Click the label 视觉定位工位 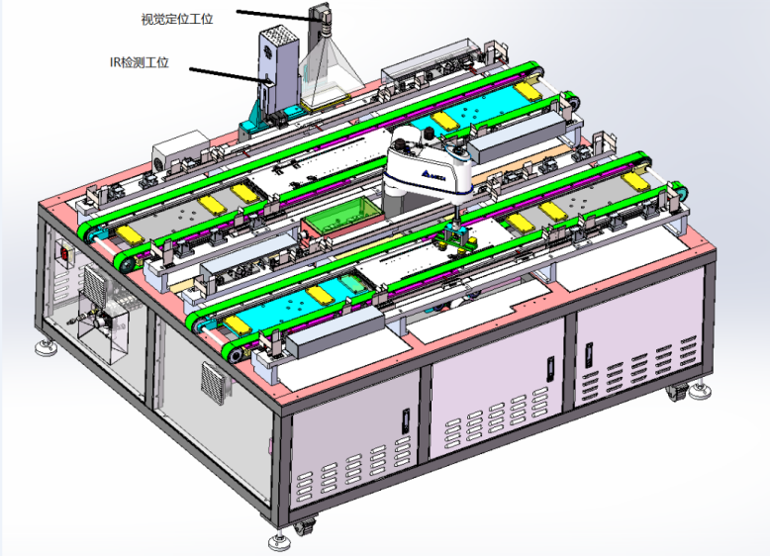(x=177, y=19)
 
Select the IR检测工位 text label (x=140, y=62)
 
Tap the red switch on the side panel (x=64, y=253)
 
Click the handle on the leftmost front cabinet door (x=406, y=421)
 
